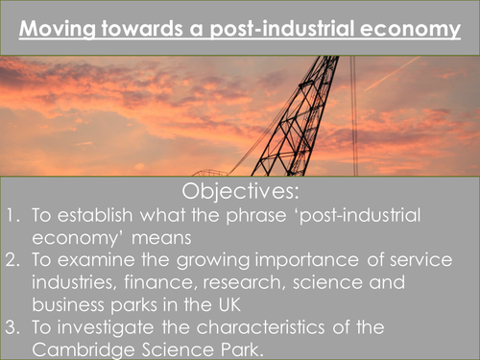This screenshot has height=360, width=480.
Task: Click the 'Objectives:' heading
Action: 240,192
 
